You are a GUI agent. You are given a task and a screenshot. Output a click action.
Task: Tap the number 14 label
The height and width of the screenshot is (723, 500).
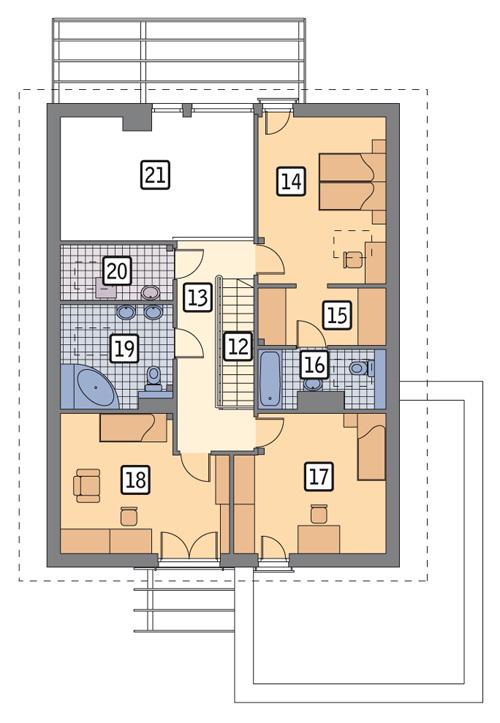point(291,181)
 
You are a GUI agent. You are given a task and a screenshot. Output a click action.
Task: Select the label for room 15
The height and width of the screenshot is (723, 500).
point(337,315)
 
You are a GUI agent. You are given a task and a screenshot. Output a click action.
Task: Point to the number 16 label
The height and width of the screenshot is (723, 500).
point(314,364)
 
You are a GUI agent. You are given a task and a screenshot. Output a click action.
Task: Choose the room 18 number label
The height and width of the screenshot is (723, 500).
point(136,479)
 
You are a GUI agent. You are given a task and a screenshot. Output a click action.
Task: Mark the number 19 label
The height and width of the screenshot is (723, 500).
point(123,348)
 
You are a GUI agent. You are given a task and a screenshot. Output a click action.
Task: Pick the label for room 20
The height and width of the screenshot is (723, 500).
point(116,270)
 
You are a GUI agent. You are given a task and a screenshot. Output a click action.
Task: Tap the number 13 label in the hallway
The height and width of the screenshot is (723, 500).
point(197,296)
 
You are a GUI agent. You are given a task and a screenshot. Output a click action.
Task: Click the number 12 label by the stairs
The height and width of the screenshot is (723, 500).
point(237,345)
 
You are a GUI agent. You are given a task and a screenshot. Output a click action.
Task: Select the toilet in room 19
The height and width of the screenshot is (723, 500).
point(153,378)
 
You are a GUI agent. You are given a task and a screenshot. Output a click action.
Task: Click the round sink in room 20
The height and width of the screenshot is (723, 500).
point(150,293)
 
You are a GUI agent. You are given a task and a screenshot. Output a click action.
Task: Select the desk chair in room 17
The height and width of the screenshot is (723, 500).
point(319,515)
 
